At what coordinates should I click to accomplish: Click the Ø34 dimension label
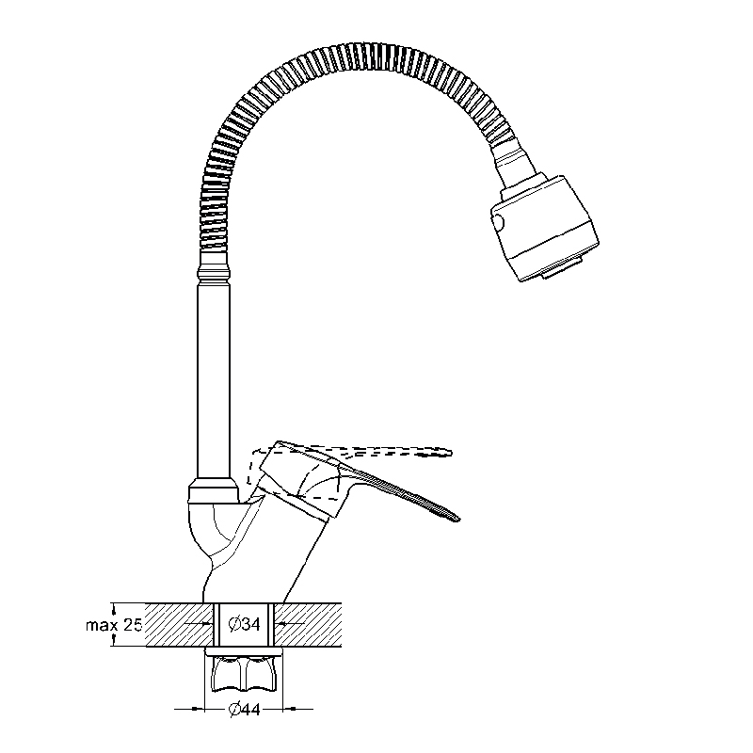[x=244, y=624]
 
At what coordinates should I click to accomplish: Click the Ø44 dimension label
[x=244, y=709]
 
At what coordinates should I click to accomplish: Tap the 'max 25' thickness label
[x=114, y=625]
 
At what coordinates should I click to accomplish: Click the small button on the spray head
[x=499, y=223]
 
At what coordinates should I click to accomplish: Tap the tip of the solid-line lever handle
[x=458, y=519]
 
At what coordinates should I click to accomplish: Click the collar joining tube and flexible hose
[x=214, y=273]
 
